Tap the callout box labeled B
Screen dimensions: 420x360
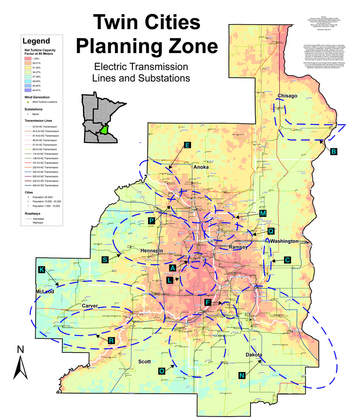[334, 152]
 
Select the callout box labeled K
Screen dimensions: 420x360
[41, 270]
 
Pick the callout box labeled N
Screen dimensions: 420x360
[242, 375]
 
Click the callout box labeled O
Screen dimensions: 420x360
[162, 371]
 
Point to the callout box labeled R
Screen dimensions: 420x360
[111, 341]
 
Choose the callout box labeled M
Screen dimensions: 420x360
[263, 213]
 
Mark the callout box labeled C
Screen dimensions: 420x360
[287, 260]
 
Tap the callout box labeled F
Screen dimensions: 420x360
[208, 302]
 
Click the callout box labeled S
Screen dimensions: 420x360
[106, 259]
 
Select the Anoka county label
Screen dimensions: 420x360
[202, 167]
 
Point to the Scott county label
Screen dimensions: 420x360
[145, 361]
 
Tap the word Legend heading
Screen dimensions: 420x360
[36, 41]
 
